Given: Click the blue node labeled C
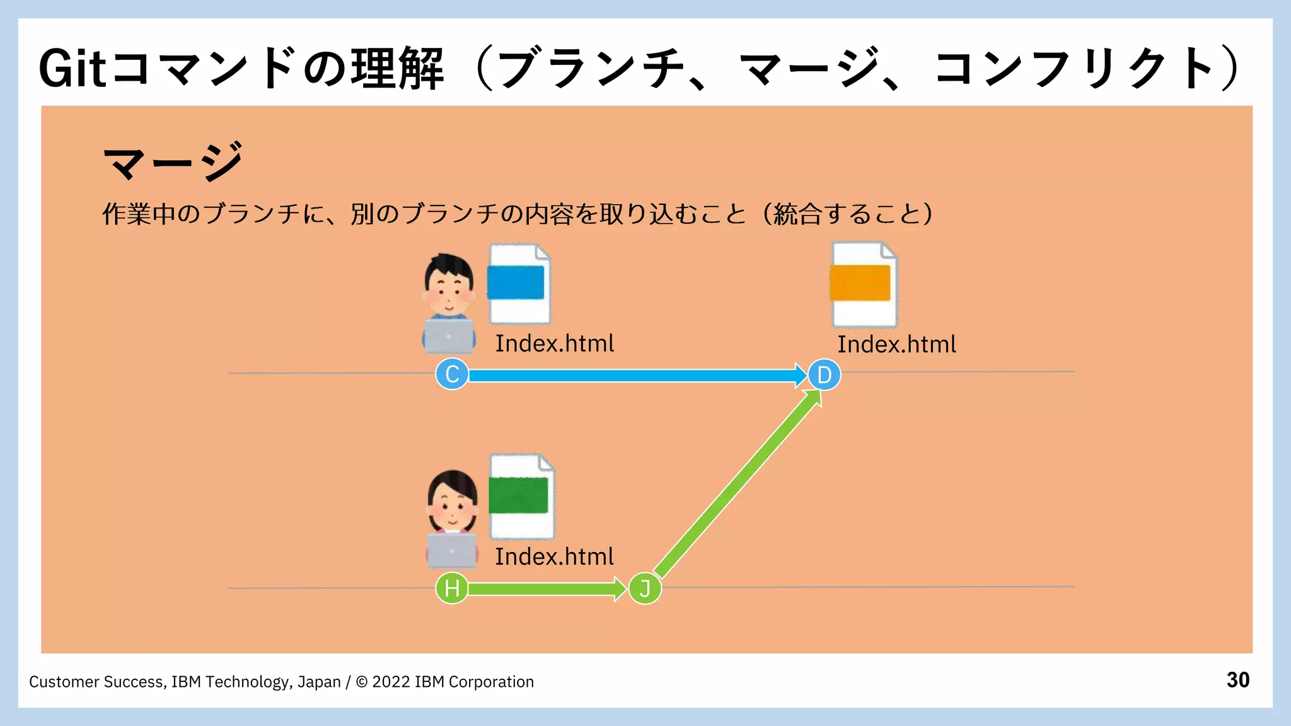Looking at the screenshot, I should pos(452,374).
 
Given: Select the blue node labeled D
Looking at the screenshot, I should pos(824,375).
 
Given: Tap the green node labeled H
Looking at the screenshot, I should pos(452,589).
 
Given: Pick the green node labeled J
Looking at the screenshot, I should pos(645,589).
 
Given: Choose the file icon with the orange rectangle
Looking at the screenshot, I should pos(864,285).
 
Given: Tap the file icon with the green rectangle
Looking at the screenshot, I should pos(522,497).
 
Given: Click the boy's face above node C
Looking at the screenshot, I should pos(448,287).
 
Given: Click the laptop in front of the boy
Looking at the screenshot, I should pos(448,337).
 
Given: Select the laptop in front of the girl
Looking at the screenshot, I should pos(452,550).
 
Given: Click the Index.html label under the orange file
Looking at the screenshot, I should pos(896,345).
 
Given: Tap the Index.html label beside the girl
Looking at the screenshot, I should pos(554,557).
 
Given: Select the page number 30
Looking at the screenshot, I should pos(1238,680).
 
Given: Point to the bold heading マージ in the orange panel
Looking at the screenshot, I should pos(173,162).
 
